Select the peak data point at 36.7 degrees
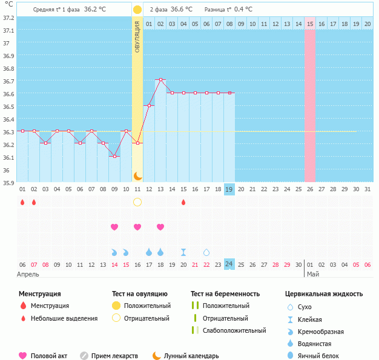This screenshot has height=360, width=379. [x=160, y=80]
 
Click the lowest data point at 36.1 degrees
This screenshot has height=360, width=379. [x=114, y=156]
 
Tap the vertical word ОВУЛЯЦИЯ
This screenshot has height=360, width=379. [x=137, y=36]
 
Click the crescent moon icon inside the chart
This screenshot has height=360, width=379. [x=137, y=175]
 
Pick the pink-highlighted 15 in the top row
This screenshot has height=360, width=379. [x=310, y=24]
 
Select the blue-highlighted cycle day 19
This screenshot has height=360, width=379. [x=229, y=189]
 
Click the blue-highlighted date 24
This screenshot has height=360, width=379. [x=229, y=264]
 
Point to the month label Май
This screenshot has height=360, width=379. [x=312, y=274]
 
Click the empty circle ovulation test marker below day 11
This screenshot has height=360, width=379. [x=137, y=202]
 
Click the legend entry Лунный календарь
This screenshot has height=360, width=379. [x=191, y=356]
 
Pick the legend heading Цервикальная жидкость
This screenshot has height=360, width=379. [x=324, y=294]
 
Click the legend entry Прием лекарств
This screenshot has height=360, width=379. [x=114, y=356]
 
